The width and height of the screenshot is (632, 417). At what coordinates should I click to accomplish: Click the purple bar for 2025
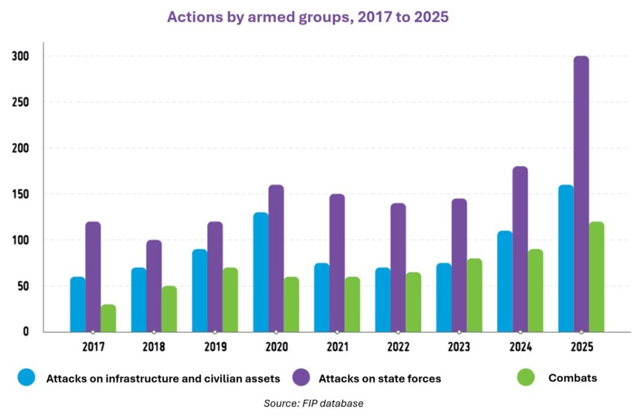pyautogui.click(x=581, y=194)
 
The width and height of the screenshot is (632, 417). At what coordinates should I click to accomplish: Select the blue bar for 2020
pyautogui.click(x=261, y=272)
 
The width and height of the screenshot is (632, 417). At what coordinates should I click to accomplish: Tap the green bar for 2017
pyautogui.click(x=108, y=318)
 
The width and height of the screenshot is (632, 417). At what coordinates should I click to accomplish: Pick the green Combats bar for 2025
pyautogui.click(x=596, y=277)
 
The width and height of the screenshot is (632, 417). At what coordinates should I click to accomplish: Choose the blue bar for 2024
pyautogui.click(x=505, y=281)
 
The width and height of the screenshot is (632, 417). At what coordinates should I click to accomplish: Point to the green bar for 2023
pyautogui.click(x=474, y=295)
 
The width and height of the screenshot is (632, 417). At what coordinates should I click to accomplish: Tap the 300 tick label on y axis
pyautogui.click(x=20, y=56)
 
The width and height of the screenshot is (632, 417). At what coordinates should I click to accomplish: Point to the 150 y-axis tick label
pyautogui.click(x=20, y=194)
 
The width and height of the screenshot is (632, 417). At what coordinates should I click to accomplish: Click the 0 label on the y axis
pyautogui.click(x=25, y=332)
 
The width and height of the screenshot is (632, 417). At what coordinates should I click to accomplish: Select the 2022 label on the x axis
pyautogui.click(x=398, y=347)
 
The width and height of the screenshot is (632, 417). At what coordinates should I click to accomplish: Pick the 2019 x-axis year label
pyautogui.click(x=215, y=347)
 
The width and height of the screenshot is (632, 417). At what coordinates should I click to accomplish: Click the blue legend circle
pyautogui.click(x=27, y=378)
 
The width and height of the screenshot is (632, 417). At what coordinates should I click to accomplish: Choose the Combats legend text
pyautogui.click(x=572, y=378)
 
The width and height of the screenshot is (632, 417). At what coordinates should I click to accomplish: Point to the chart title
pyautogui.click(x=307, y=17)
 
